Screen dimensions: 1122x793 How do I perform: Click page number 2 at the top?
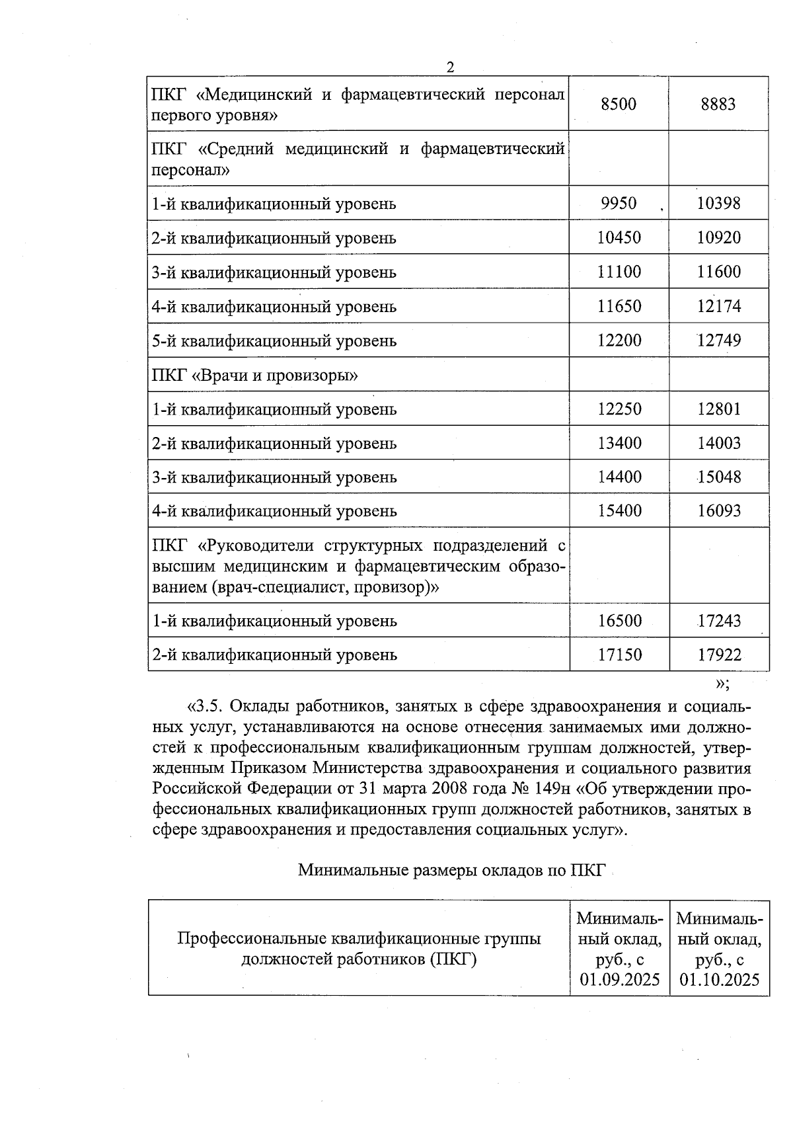450,67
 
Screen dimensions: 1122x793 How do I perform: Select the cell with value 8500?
619,104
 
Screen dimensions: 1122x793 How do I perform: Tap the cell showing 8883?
718,104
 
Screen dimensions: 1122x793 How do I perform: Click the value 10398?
718,203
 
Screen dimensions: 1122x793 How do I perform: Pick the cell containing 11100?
619,272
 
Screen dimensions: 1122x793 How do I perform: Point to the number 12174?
718,306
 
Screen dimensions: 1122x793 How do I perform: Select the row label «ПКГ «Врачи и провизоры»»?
255,375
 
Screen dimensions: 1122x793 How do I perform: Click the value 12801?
718,409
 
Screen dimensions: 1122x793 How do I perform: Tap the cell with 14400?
619,477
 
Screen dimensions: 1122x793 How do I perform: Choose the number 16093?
718,510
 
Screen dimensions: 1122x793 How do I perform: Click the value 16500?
619,621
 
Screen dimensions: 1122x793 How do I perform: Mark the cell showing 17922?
719,655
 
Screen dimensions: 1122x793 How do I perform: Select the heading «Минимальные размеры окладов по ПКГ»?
451,869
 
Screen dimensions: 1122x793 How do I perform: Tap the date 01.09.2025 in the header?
620,979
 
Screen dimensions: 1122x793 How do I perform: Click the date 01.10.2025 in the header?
719,979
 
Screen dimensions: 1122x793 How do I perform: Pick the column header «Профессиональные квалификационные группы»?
359,938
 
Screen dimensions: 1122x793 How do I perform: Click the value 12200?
619,341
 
